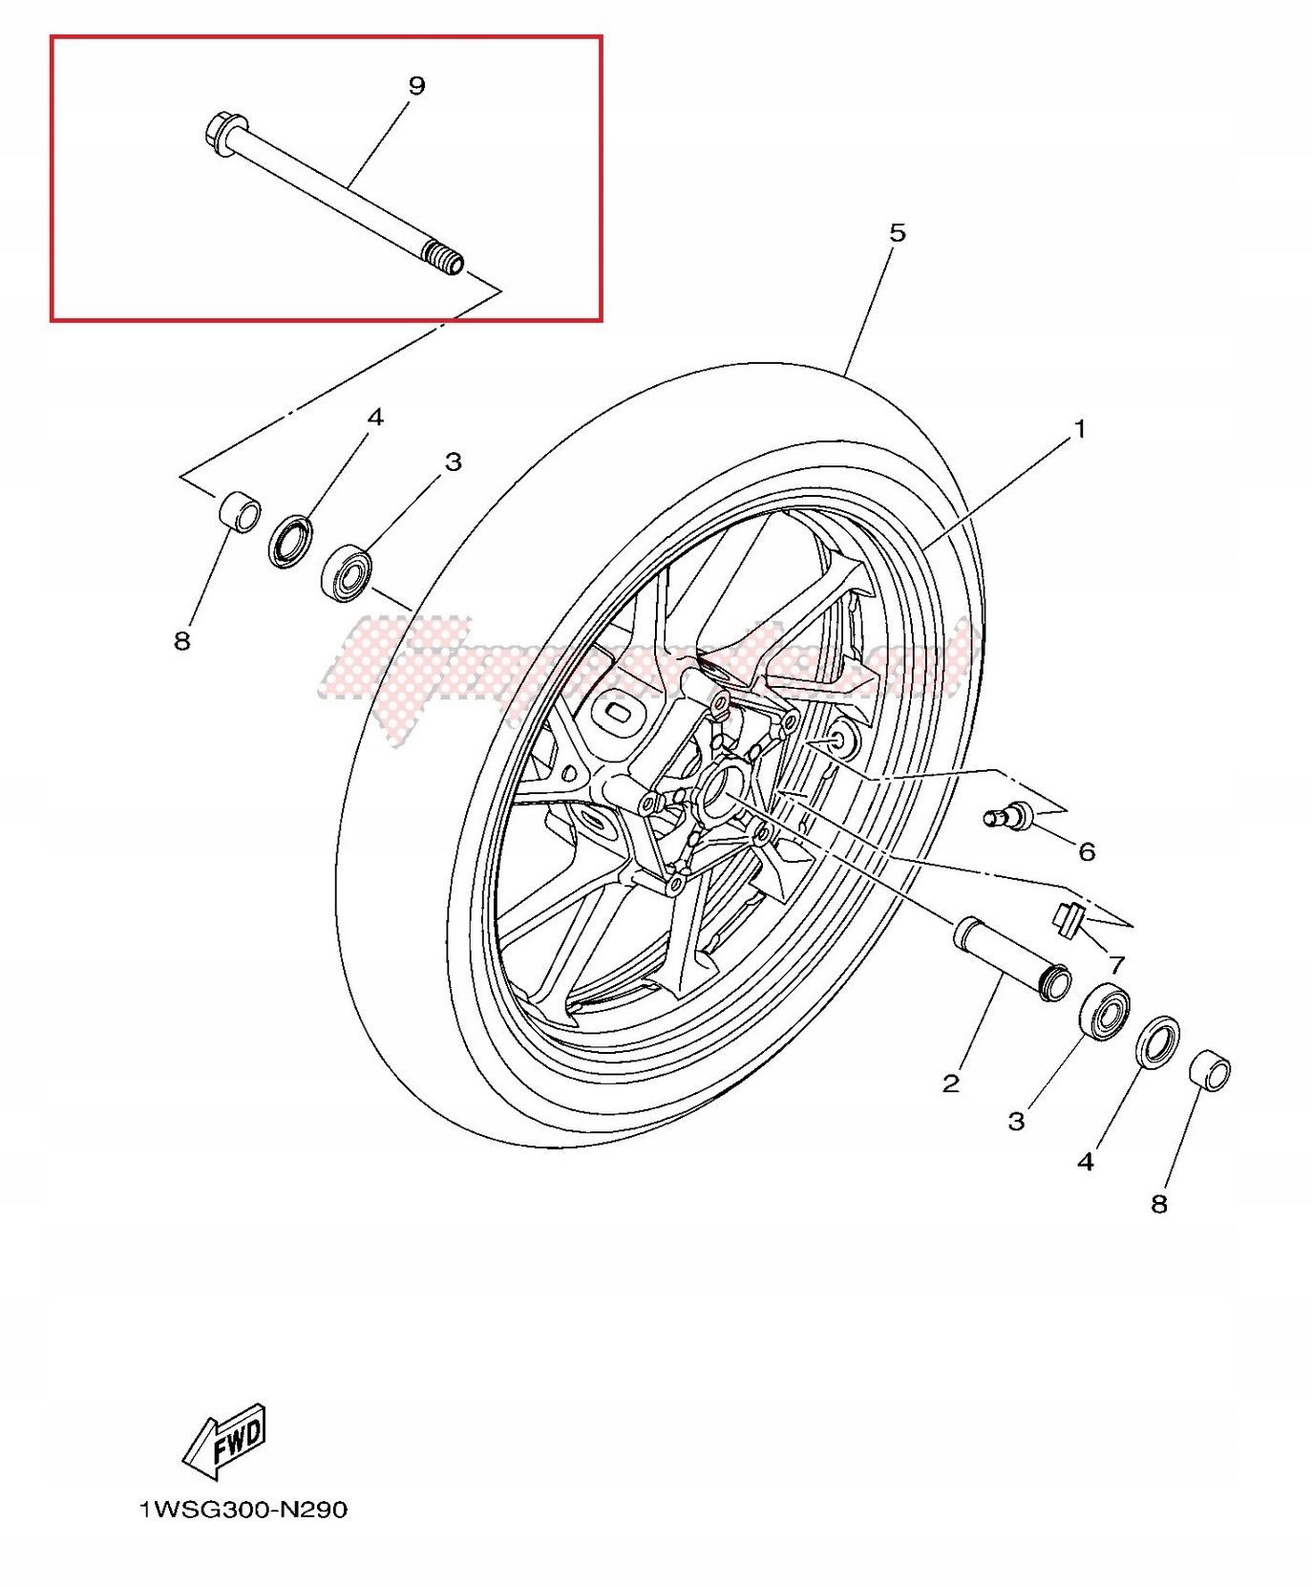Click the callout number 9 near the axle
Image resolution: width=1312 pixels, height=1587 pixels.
click(416, 86)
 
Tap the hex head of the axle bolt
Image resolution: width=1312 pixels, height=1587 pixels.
click(222, 132)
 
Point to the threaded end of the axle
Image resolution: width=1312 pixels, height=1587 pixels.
click(445, 258)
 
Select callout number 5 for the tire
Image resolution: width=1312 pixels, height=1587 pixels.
click(897, 233)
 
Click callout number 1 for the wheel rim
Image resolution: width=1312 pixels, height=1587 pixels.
click(1080, 430)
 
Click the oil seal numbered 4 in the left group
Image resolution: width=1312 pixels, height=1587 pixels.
click(290, 542)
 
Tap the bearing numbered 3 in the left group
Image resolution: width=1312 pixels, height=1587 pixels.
click(347, 572)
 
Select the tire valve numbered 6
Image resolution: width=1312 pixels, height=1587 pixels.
click(1008, 815)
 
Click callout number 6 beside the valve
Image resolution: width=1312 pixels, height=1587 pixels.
click(1087, 851)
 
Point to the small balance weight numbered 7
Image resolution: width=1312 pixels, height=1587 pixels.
click(1069, 917)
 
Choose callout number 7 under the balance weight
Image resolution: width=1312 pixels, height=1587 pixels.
click(1116, 964)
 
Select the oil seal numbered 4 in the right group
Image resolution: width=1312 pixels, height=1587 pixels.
click(1157, 1042)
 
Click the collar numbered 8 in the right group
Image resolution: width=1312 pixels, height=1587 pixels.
click(1210, 1070)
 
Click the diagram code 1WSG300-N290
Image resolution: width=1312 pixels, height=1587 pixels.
click(243, 1511)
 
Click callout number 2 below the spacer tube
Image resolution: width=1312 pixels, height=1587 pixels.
click(950, 1083)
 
